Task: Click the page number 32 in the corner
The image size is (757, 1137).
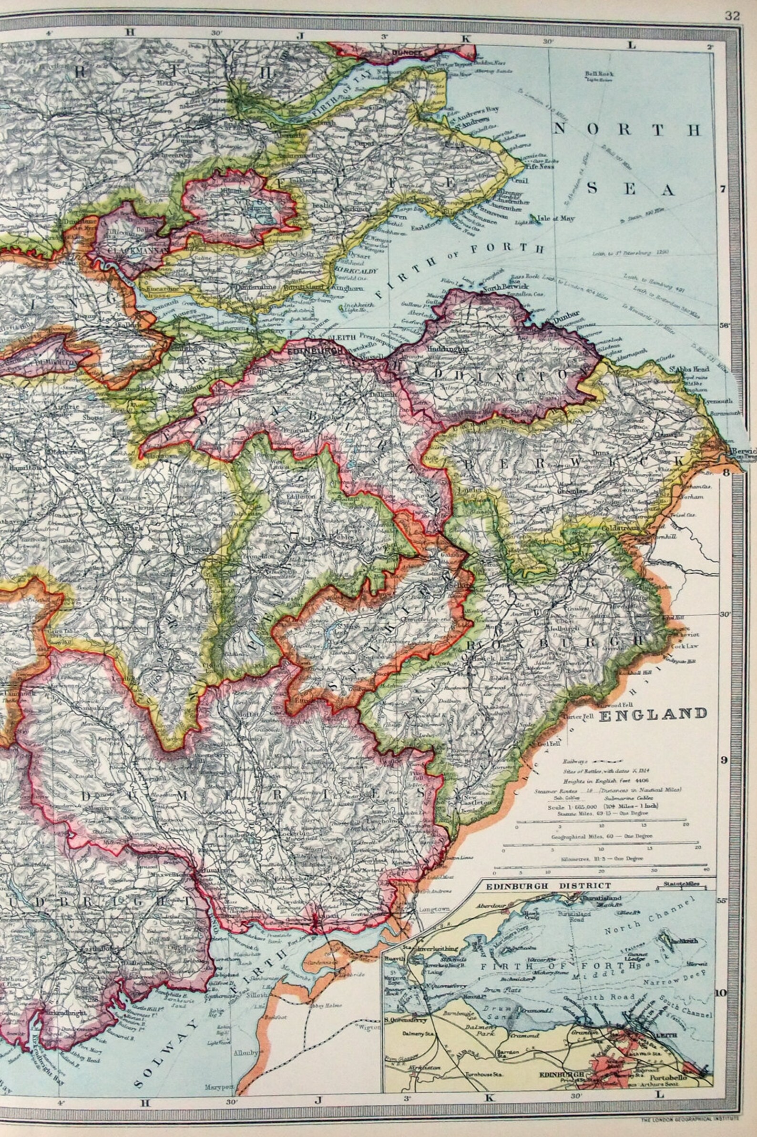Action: click(731, 15)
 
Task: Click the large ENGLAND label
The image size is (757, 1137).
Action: click(653, 713)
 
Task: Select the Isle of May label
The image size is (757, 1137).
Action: click(558, 219)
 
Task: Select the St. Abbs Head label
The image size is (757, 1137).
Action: click(685, 370)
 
